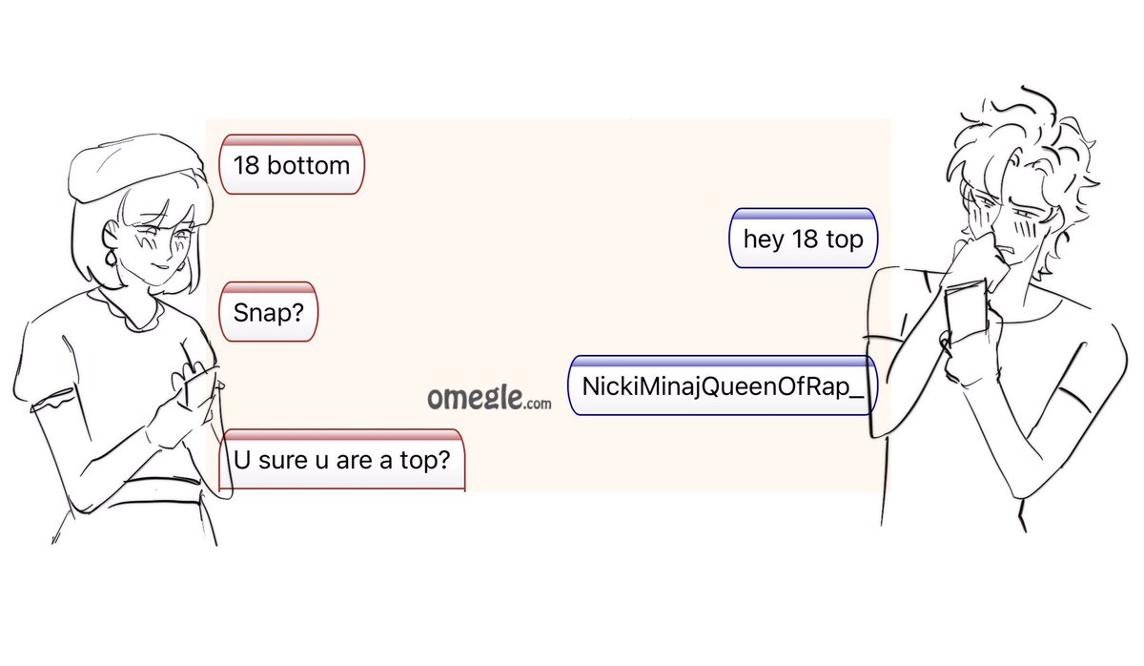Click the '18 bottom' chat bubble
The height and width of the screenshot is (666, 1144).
[292, 165]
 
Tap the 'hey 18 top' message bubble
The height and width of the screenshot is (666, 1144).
[803, 239]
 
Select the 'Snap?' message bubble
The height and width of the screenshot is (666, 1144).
[268, 312]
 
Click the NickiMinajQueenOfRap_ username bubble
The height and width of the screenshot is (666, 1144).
[722, 386]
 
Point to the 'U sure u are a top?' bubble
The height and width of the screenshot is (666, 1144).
[341, 462]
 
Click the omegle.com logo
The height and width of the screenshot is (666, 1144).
[488, 399]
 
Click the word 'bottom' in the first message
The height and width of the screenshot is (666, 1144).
[308, 165]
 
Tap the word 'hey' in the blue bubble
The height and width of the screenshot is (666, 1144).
[763, 239]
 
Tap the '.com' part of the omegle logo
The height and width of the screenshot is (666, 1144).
[536, 404]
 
